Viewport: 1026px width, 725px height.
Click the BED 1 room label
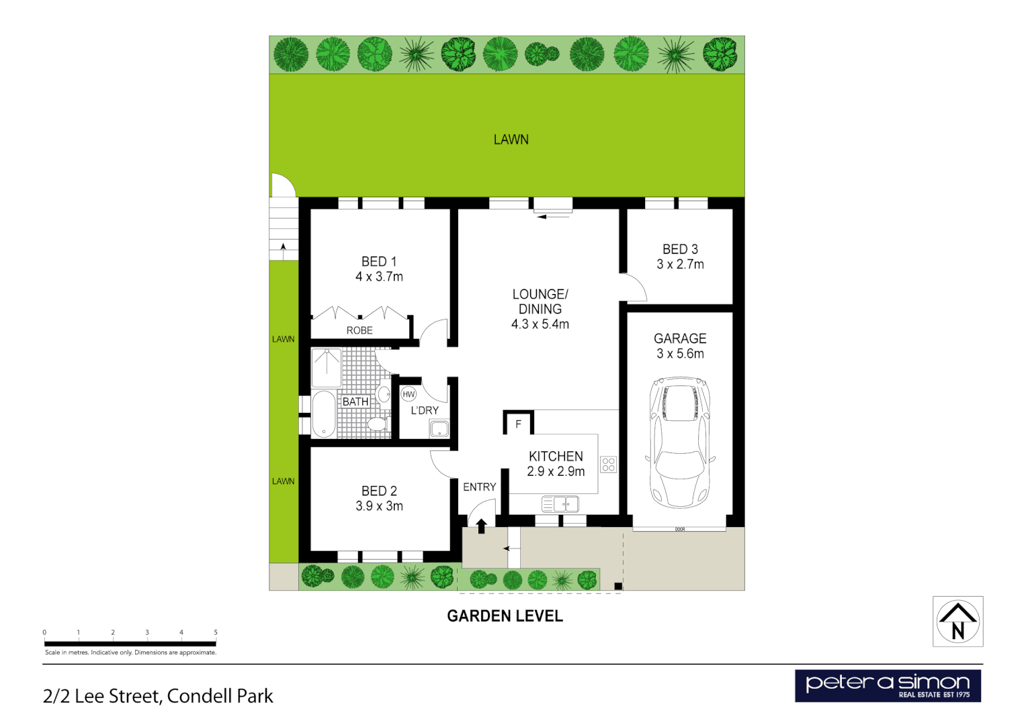coord(379,262)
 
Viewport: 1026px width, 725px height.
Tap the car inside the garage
coord(679,443)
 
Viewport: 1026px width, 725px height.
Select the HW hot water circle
coord(409,394)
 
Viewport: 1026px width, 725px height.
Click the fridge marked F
coord(518,424)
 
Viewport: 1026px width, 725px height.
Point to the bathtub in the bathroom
coord(324,414)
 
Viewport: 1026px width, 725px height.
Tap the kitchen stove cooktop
coord(609,465)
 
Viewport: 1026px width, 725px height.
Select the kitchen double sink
coord(560,503)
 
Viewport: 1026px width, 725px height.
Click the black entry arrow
coord(481,526)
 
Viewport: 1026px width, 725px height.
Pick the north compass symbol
coord(958,622)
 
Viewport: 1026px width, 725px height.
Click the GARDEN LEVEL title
coord(505,616)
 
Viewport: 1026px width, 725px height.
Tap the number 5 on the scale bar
coord(216,632)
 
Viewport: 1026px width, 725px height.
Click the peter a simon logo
coord(888,686)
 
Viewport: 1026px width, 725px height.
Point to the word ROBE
coord(359,330)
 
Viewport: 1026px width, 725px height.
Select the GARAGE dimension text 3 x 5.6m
coord(680,354)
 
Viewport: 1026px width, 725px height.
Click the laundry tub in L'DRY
coord(439,429)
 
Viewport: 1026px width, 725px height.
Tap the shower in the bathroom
coord(327,367)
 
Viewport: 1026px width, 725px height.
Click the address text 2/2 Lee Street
coord(158,696)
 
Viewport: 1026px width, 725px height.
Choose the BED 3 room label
coord(680,249)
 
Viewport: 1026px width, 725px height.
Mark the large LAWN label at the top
coord(511,140)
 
